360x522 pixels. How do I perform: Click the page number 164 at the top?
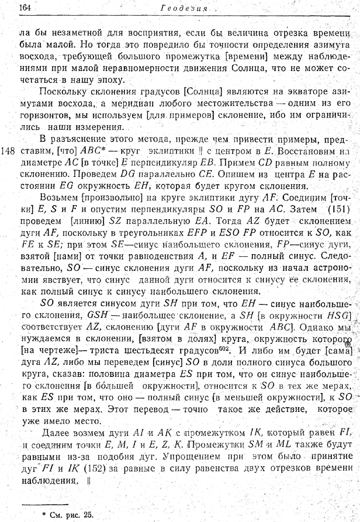point(26,8)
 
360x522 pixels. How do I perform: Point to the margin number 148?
point(8,151)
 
